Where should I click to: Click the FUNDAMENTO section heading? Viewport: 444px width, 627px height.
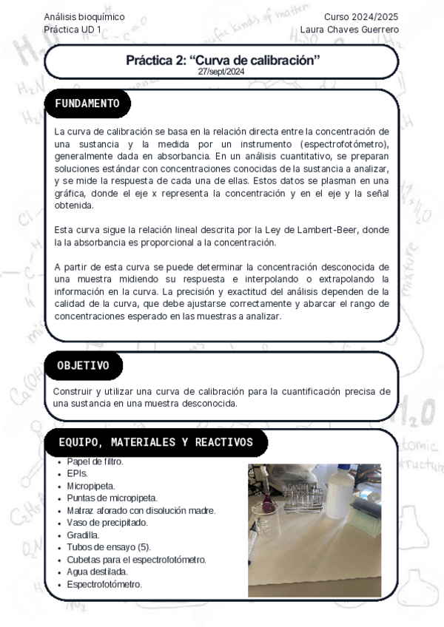click(87, 104)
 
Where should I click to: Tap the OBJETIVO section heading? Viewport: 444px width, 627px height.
click(83, 365)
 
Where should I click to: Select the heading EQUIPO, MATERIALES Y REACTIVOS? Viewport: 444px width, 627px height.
click(155, 442)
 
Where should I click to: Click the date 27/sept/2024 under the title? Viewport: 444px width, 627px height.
click(221, 72)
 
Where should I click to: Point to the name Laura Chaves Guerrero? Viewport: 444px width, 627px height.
click(349, 29)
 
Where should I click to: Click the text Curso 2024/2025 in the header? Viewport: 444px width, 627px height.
click(361, 16)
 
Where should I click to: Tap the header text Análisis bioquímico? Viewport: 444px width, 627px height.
click(84, 16)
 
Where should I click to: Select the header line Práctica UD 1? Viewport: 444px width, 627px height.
click(73, 29)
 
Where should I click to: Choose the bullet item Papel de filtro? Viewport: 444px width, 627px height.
click(95, 461)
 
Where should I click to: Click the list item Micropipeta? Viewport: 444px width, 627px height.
click(91, 486)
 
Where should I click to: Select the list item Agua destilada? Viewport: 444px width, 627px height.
click(97, 572)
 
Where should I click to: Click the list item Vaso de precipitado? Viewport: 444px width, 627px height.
click(107, 523)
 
